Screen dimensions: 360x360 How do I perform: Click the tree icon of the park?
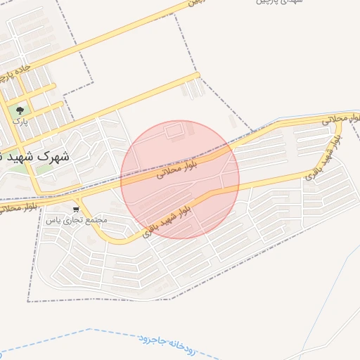[x=20, y=110]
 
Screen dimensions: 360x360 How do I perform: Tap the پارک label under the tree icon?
[x=20, y=122]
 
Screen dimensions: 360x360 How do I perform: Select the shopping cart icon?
[x=76, y=210]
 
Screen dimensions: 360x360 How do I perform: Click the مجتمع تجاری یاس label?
[x=77, y=220]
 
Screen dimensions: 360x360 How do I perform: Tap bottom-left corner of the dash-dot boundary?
[x=28, y=301]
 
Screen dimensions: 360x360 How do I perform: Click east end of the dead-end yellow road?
[x=198, y=75]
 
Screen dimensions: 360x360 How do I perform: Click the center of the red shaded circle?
[x=180, y=179]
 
